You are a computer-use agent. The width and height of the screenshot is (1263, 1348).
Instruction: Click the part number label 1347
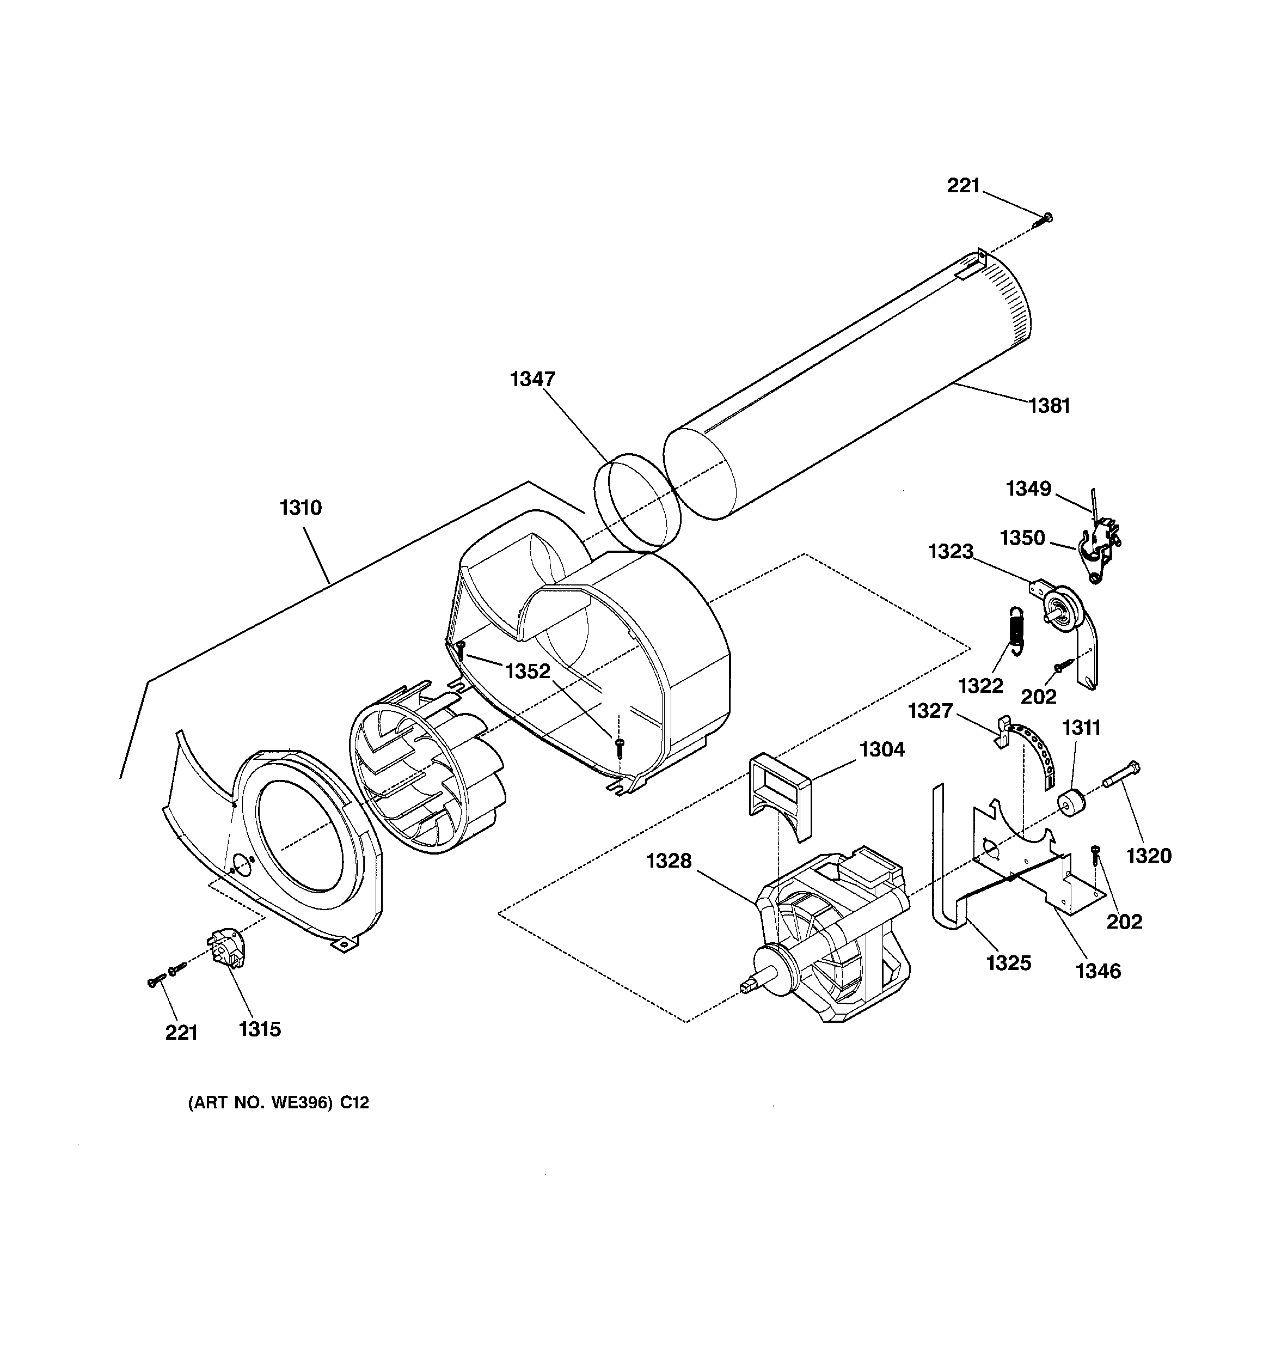(x=532, y=379)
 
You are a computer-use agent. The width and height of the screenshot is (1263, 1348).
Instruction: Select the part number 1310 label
(x=301, y=507)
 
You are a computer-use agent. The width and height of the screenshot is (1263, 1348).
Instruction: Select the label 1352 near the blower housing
(x=528, y=672)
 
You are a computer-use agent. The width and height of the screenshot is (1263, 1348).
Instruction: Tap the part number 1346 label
(x=1098, y=971)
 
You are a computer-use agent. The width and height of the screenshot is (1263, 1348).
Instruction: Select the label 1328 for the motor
(x=669, y=861)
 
